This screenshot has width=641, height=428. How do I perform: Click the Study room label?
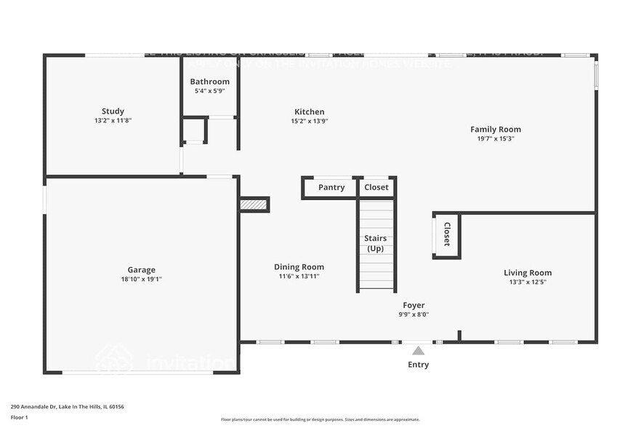coord(113,111)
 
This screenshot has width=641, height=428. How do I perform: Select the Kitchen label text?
coord(309,112)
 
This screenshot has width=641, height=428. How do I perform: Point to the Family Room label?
coord(495,130)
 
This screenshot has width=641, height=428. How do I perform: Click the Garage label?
coord(141,270)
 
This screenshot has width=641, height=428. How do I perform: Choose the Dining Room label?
coord(299,267)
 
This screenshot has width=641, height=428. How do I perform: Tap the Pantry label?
coord(331,187)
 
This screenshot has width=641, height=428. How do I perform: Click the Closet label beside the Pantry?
coord(376,187)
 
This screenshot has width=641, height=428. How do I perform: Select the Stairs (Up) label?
coord(375,243)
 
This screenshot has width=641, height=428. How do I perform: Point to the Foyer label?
coord(414,306)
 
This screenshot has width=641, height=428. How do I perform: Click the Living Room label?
coord(528,273)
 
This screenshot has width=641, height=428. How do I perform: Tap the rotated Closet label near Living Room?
coord(447,234)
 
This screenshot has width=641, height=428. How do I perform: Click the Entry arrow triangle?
coord(418,351)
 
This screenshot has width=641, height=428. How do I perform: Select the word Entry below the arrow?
coord(418,365)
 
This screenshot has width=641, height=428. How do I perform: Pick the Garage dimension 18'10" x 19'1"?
coord(141,279)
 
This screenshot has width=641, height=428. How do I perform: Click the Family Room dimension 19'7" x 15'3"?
coord(495,138)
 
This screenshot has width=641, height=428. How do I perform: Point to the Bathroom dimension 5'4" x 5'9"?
coord(209,91)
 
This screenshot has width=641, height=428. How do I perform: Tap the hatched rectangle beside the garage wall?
coord(254,205)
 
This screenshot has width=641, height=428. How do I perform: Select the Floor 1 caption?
coord(19,417)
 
